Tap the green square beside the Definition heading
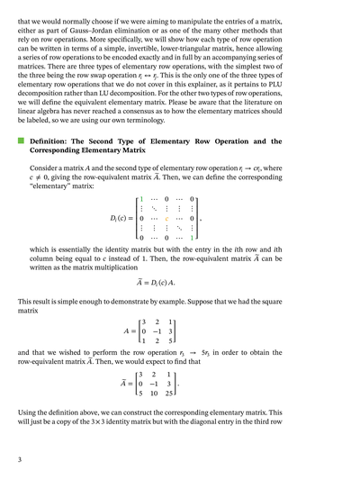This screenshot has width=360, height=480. [x=20, y=141]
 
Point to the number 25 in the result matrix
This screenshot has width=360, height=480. [x=168, y=393]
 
